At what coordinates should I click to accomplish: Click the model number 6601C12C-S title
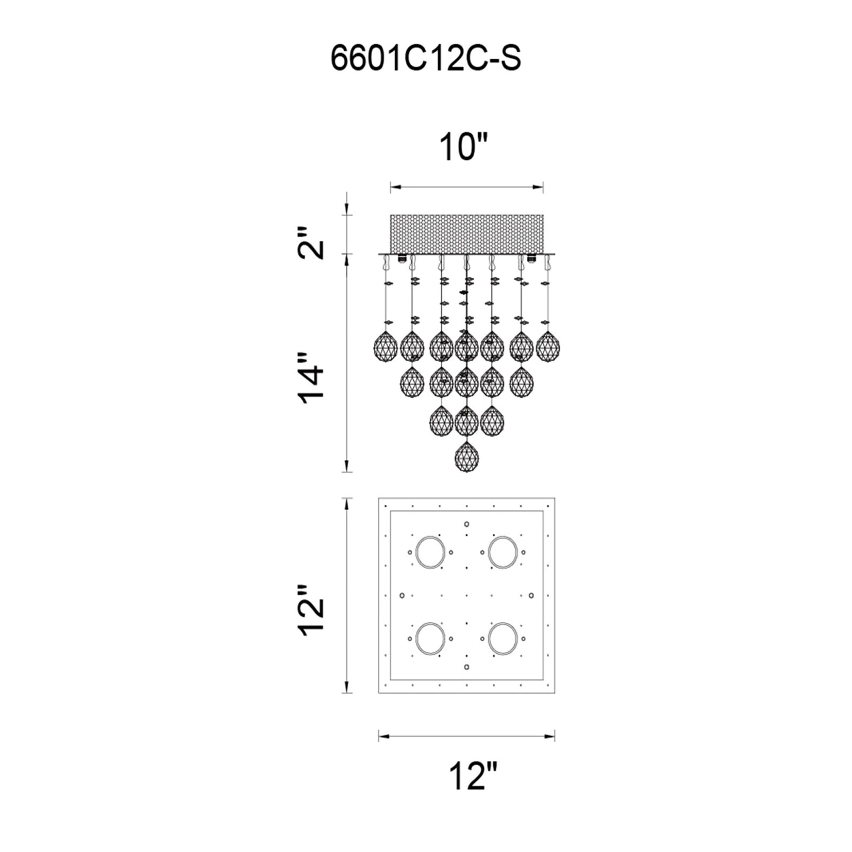426,60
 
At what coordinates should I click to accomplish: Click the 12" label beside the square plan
312,611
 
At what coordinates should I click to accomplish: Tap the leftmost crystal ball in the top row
385,346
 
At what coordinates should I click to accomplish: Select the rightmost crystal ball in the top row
548,346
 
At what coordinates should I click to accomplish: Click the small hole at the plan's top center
467,524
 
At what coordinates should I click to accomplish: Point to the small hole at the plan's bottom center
467,667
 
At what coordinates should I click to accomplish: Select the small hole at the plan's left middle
402,595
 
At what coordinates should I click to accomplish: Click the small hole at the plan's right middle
532,595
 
